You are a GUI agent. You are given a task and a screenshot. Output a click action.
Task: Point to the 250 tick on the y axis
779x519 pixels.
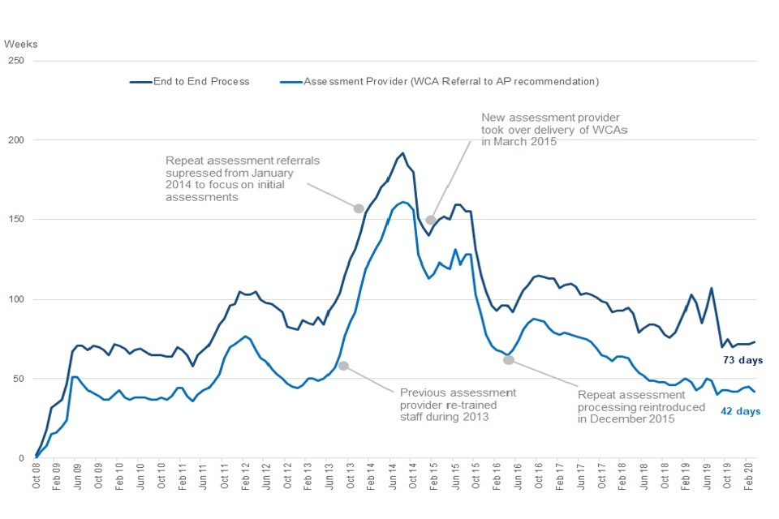click(16, 61)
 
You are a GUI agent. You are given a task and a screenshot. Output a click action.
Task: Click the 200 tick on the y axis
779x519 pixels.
click(16, 140)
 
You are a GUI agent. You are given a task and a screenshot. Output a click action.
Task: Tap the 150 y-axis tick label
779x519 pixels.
click(16, 220)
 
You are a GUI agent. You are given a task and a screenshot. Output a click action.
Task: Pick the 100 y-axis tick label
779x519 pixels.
click(16, 299)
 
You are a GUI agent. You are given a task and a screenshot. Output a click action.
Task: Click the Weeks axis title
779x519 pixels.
click(21, 44)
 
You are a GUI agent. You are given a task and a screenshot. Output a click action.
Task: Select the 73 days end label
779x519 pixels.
click(742, 360)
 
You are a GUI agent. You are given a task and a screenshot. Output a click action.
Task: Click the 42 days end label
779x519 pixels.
click(742, 411)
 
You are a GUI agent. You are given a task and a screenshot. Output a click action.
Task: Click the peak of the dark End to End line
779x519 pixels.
click(402, 152)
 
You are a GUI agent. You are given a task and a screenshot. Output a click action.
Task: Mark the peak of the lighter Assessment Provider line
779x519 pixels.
click(404, 202)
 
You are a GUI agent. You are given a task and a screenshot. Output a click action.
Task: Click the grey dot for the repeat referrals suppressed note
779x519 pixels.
click(359, 208)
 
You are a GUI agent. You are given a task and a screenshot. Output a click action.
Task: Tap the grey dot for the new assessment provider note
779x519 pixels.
click(431, 219)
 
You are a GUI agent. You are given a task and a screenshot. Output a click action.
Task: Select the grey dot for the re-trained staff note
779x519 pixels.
click(343, 366)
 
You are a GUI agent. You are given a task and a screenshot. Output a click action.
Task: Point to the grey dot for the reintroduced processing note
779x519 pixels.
click(509, 359)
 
